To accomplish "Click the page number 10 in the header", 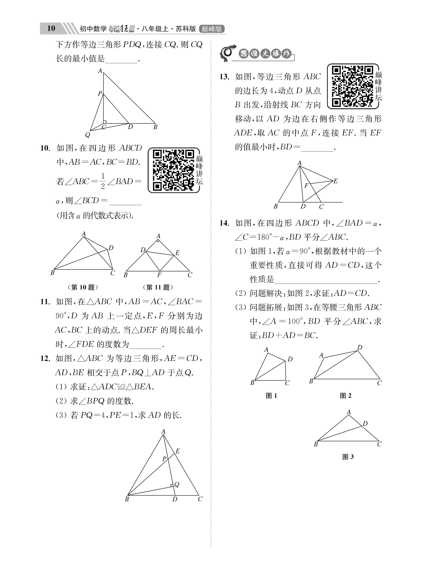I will [51, 28].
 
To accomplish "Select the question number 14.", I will [224, 223].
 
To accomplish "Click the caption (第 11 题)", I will [158, 287].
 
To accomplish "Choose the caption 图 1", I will [271, 396].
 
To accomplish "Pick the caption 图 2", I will [345, 396].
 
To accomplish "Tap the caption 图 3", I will [348, 457].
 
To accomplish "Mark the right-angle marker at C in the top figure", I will [105, 122].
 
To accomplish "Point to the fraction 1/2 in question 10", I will [103, 181].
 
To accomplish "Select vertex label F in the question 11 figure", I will [159, 275].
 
